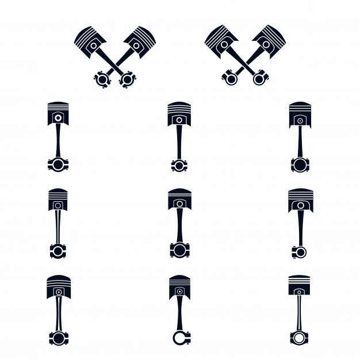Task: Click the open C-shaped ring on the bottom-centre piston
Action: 179,338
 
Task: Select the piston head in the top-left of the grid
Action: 58,114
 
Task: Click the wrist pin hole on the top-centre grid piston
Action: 179,120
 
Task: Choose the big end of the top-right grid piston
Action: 300,165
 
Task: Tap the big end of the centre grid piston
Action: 179,250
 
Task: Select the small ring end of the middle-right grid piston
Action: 300,251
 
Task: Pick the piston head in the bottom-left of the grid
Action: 58,286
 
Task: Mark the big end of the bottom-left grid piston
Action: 58,338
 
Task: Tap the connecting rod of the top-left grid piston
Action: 58,141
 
